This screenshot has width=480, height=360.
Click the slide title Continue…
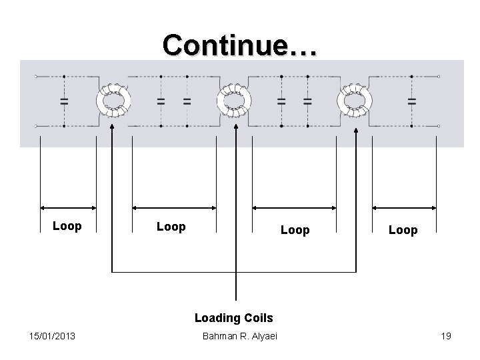(x=241, y=45)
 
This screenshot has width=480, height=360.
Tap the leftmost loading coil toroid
(x=114, y=101)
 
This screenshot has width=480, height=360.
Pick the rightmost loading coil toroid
(x=355, y=101)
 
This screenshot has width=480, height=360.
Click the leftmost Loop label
(x=67, y=226)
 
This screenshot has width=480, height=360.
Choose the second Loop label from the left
(x=171, y=227)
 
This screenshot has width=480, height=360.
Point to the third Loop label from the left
(x=295, y=230)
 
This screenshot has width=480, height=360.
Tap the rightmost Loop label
(x=403, y=230)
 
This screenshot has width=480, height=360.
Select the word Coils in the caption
(x=259, y=318)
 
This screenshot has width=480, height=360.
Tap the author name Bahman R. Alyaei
(x=239, y=336)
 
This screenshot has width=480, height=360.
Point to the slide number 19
(x=445, y=336)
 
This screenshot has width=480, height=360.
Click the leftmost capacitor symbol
(x=64, y=101)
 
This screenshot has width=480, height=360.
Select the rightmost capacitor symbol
(x=411, y=101)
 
